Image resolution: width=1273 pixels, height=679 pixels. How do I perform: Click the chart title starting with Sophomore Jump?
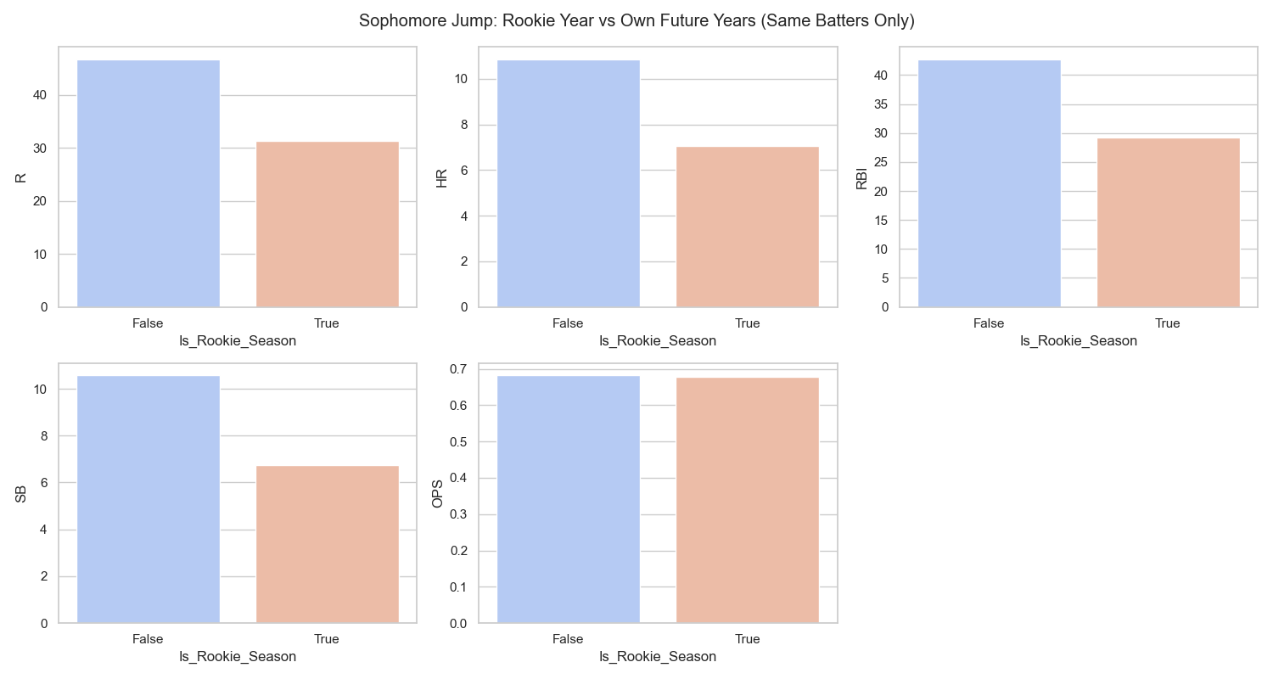(x=636, y=21)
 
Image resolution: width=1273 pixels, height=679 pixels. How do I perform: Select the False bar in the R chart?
(x=149, y=183)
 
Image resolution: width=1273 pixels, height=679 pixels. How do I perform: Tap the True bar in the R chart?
(x=327, y=224)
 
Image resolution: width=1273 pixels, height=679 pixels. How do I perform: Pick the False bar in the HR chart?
(x=569, y=183)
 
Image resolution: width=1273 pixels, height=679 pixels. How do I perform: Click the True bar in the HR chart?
(x=747, y=227)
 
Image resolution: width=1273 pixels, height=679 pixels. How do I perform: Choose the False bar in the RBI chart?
(x=990, y=183)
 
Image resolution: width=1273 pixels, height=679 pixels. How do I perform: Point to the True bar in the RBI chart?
(x=1168, y=222)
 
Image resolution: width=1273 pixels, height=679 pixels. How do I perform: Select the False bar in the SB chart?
(x=149, y=500)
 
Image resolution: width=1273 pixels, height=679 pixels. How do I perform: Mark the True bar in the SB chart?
(x=327, y=545)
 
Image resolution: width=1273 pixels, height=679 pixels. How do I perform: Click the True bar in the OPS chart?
(x=747, y=501)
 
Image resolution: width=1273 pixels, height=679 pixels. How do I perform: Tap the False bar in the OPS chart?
(x=569, y=500)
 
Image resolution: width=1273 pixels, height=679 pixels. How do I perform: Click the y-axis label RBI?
(x=861, y=177)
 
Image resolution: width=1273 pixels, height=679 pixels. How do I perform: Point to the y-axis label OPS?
(x=438, y=494)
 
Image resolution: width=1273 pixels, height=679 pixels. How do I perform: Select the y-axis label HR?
(x=441, y=177)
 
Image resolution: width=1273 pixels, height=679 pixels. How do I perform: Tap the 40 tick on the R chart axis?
(x=41, y=95)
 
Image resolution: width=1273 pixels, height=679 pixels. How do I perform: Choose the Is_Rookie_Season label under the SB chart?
(x=238, y=656)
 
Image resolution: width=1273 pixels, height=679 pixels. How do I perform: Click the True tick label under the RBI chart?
(x=1168, y=323)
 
